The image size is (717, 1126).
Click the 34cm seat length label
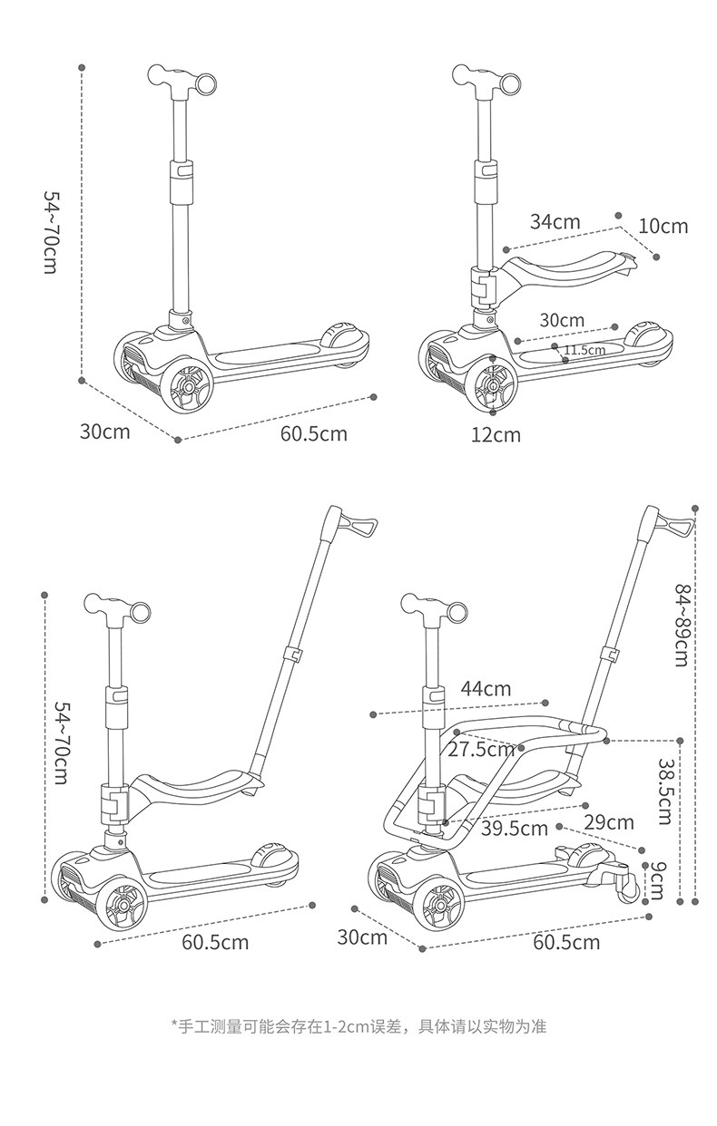(555, 222)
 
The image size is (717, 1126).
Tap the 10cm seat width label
(663, 227)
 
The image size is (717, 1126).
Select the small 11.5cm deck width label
(584, 349)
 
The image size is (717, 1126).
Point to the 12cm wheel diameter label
(496, 435)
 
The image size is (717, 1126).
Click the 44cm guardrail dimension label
(486, 688)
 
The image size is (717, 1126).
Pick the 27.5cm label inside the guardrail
(481, 750)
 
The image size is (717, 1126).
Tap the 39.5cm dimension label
(515, 829)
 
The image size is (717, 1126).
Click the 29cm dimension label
(609, 822)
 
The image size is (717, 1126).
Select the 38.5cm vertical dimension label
(665, 791)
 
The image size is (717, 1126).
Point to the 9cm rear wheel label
(656, 880)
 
